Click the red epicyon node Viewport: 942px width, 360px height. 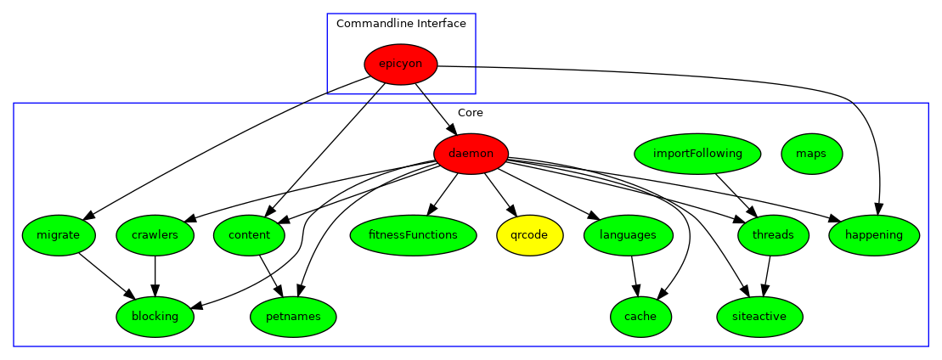[x=400, y=65]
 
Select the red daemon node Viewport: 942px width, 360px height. [x=471, y=154]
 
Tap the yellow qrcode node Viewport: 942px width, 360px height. [x=529, y=235]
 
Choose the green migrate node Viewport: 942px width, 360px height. [x=59, y=235]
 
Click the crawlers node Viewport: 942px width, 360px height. [x=155, y=235]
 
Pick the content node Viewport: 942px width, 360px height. [x=249, y=235]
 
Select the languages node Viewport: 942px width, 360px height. [x=629, y=235]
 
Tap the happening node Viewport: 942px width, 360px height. [x=874, y=235]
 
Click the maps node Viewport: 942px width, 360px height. [x=811, y=154]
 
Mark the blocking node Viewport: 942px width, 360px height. [x=155, y=317]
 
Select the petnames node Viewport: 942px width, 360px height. [x=293, y=317]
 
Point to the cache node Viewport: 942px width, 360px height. [x=640, y=317]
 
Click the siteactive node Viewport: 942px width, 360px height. [x=759, y=317]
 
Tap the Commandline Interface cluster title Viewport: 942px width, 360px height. [x=401, y=24]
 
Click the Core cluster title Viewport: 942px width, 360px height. [x=471, y=113]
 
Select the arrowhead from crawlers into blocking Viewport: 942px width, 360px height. [x=155, y=290]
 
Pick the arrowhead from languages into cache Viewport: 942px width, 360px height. [x=636, y=290]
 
